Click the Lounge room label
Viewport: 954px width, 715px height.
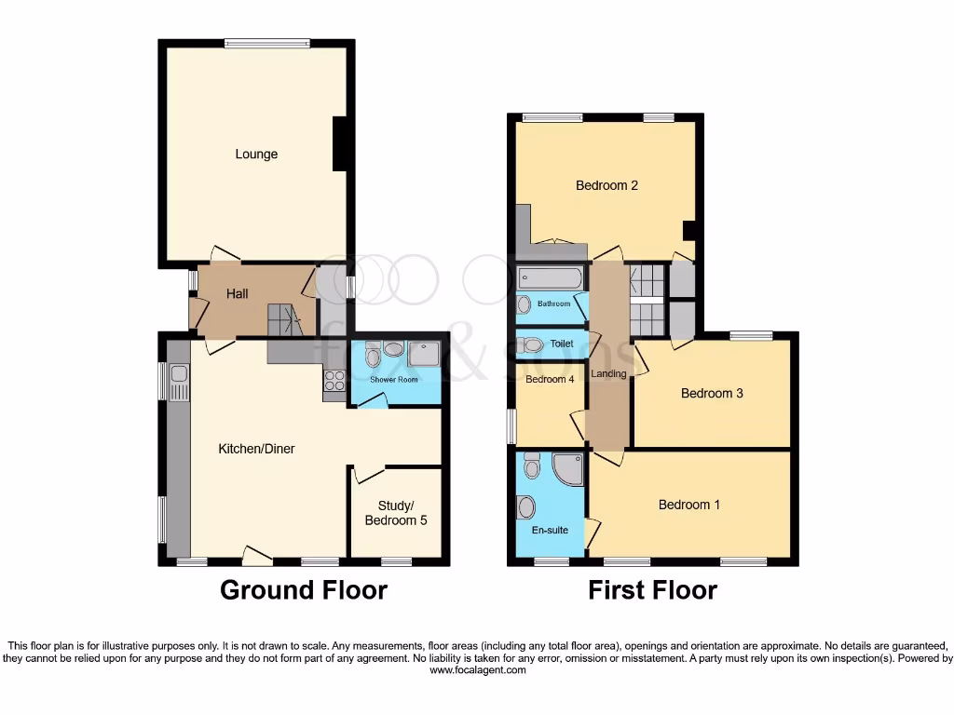pyautogui.click(x=256, y=155)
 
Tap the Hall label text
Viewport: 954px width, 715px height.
pyautogui.click(x=238, y=294)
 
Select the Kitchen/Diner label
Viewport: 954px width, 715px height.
pyautogui.click(x=256, y=449)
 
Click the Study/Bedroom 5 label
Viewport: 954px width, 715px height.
pyautogui.click(x=396, y=512)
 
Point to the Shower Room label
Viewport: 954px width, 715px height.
pyautogui.click(x=393, y=380)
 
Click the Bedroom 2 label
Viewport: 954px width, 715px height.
pyautogui.click(x=606, y=185)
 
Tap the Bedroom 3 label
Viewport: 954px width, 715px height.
pyautogui.click(x=712, y=393)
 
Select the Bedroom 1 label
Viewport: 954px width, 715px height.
pyautogui.click(x=689, y=505)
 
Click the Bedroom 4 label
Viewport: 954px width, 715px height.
pyautogui.click(x=550, y=380)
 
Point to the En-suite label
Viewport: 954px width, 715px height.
pyautogui.click(x=551, y=530)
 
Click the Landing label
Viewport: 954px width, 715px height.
pyautogui.click(x=609, y=374)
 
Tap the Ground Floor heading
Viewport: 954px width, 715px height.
pyautogui.click(x=304, y=590)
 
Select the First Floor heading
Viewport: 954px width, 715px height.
pyautogui.click(x=652, y=590)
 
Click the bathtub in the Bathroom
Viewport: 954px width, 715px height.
pyautogui.click(x=550, y=277)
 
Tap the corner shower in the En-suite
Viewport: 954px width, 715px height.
pyautogui.click(x=567, y=469)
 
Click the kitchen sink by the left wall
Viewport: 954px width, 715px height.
pyautogui.click(x=179, y=382)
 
